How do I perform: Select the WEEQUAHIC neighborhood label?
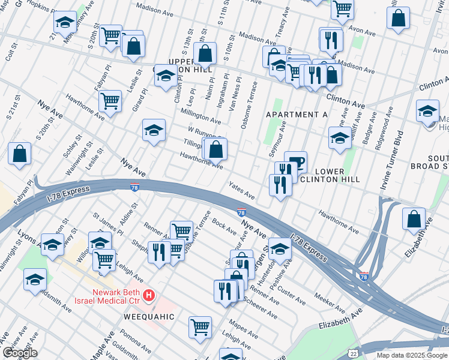click(x=149, y=316)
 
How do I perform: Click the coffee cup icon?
click(x=295, y=161)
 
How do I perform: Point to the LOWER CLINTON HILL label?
click(x=330, y=175)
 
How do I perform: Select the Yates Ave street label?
click(x=241, y=191)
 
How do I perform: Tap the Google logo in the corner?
click(x=19, y=353)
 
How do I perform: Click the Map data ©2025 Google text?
click(x=412, y=355)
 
